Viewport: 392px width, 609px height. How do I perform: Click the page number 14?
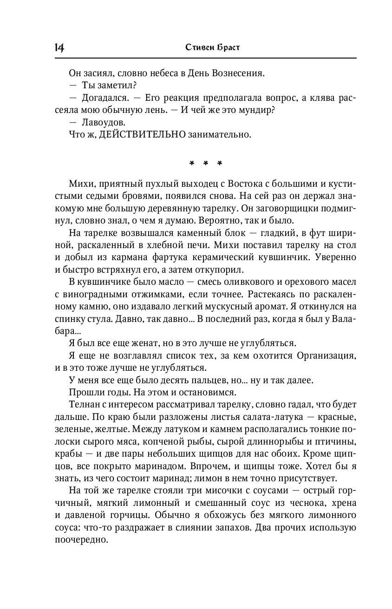pyautogui.click(x=59, y=47)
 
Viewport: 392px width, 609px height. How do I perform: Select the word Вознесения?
pyautogui.click(x=238, y=73)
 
